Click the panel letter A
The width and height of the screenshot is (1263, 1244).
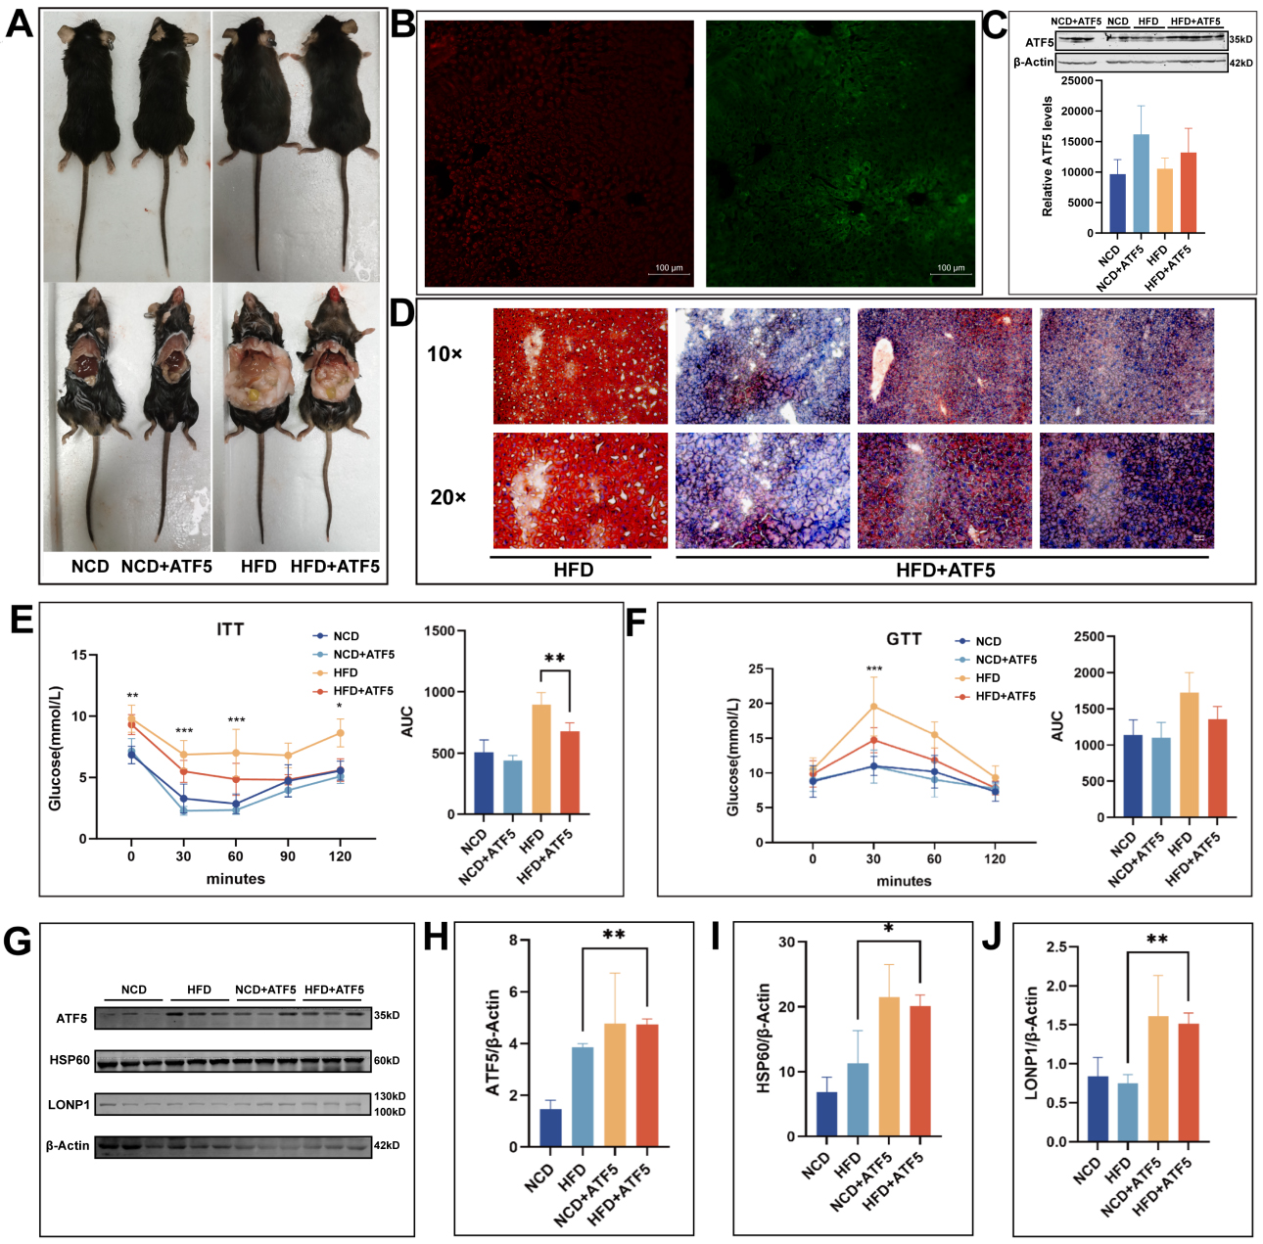pos(19,23)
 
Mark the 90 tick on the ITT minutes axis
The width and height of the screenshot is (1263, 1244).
pos(288,856)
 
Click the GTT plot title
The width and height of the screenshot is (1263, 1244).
pos(904,639)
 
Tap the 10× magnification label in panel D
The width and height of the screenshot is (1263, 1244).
pos(444,354)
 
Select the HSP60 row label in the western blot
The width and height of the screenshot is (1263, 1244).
pos(70,1060)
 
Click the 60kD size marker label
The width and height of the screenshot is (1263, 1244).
pos(387,1060)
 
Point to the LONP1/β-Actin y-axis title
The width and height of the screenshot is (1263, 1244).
pos(1031,1043)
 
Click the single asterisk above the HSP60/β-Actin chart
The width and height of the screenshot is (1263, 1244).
pos(888,928)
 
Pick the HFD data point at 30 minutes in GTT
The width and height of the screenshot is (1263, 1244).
pos(873,707)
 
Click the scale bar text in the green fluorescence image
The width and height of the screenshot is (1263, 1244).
pos(951,267)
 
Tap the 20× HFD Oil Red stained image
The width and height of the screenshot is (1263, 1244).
pos(580,490)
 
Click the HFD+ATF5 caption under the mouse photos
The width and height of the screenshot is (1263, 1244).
pos(335,567)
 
